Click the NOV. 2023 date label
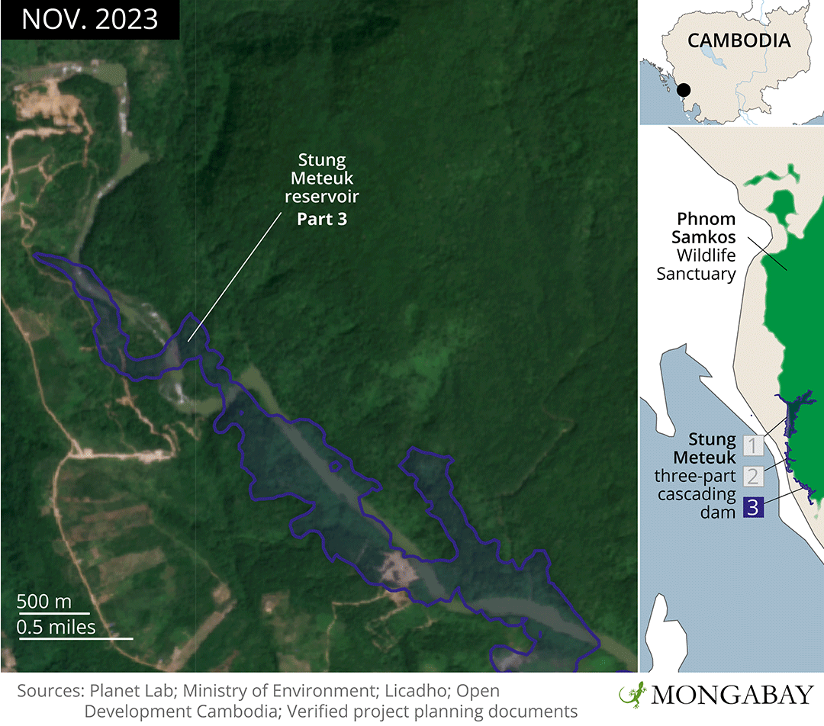coord(89,19)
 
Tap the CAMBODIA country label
coord(739,40)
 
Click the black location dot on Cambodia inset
coord(684,90)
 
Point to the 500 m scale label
coord(44,601)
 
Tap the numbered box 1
coord(752,445)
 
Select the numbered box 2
coord(752,477)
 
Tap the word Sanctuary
coord(696,274)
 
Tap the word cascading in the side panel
coord(695,494)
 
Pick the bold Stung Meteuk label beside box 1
coord(705,448)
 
